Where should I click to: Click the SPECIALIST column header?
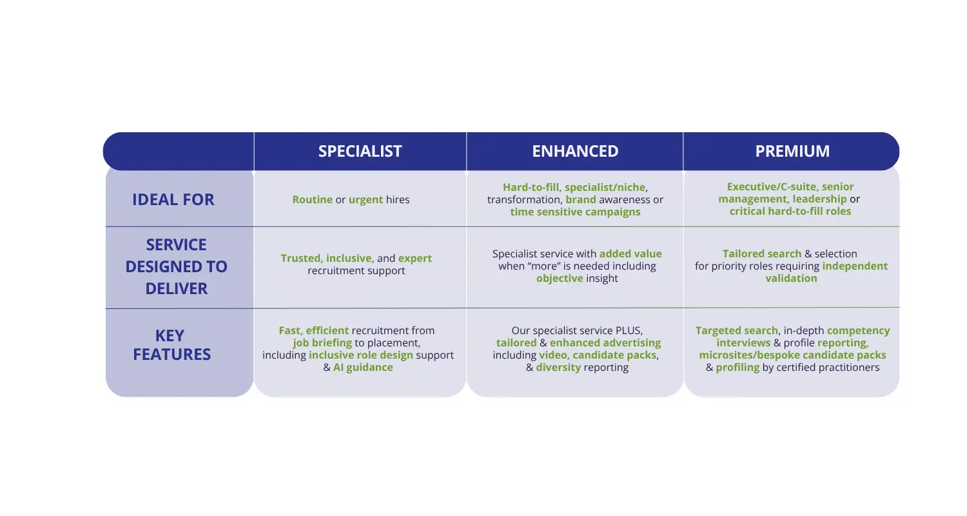pyautogui.click(x=360, y=151)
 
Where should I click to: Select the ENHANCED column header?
pyautogui.click(x=575, y=151)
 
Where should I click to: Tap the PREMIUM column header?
pyautogui.click(x=792, y=151)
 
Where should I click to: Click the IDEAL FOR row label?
pyautogui.click(x=173, y=199)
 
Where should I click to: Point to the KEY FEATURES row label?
pyautogui.click(x=171, y=344)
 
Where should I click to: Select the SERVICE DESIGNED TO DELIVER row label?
pyautogui.click(x=176, y=266)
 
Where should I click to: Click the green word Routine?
pyautogui.click(x=313, y=199)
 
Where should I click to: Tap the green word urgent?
pyautogui.click(x=366, y=200)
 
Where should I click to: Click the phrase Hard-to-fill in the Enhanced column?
pyautogui.click(x=531, y=187)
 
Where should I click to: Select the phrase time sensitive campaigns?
pyautogui.click(x=575, y=212)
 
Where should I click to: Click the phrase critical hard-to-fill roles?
pyautogui.click(x=790, y=211)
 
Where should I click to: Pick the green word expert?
pyautogui.click(x=415, y=259)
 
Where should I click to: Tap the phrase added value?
pyautogui.click(x=630, y=253)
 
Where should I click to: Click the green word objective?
pyautogui.click(x=560, y=279)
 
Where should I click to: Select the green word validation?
pyautogui.click(x=791, y=278)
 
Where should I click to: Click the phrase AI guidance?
pyautogui.click(x=363, y=367)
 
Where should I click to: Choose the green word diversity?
pyautogui.click(x=558, y=368)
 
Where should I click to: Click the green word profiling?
pyautogui.click(x=737, y=368)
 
